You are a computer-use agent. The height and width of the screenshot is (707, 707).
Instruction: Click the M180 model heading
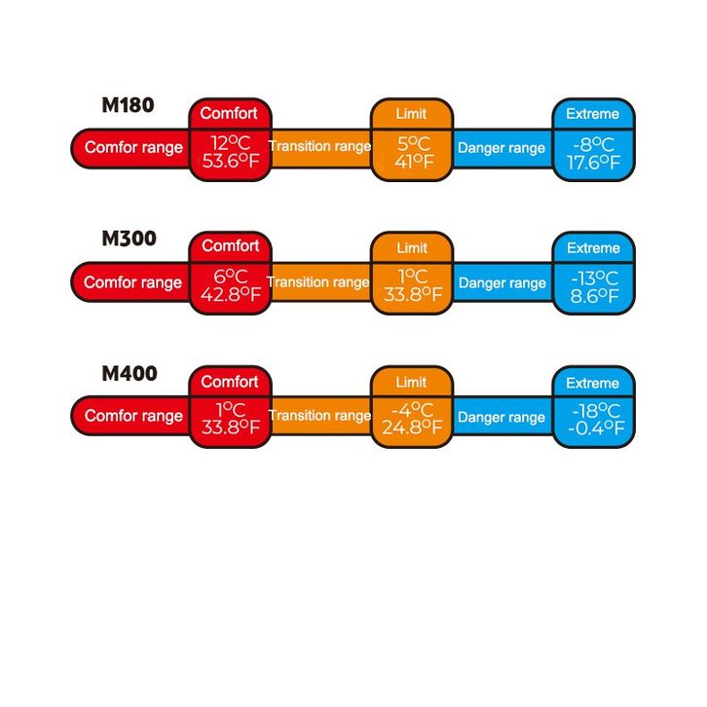pyautogui.click(x=128, y=105)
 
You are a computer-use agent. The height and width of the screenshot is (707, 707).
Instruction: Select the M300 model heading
pyautogui.click(x=129, y=239)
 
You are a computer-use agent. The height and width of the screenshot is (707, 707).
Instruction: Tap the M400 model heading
pyautogui.click(x=129, y=373)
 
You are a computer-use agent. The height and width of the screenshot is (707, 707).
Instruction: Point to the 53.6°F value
pyautogui.click(x=230, y=162)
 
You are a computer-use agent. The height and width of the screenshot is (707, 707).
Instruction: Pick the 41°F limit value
pyautogui.click(x=411, y=162)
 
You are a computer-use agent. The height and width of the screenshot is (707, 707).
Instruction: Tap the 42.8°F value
pyautogui.click(x=230, y=295)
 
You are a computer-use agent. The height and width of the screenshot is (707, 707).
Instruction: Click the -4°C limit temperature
pyautogui.click(x=411, y=410)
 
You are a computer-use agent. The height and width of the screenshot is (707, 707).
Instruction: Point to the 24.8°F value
pyautogui.click(x=412, y=428)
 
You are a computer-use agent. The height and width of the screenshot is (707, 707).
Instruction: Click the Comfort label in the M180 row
pyautogui.click(x=229, y=113)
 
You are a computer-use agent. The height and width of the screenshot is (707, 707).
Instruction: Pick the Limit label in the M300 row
pyautogui.click(x=411, y=247)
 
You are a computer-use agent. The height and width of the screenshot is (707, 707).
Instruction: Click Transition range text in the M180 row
pyautogui.click(x=319, y=146)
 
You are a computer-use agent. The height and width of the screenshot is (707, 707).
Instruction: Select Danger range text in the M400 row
pyautogui.click(x=502, y=417)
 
